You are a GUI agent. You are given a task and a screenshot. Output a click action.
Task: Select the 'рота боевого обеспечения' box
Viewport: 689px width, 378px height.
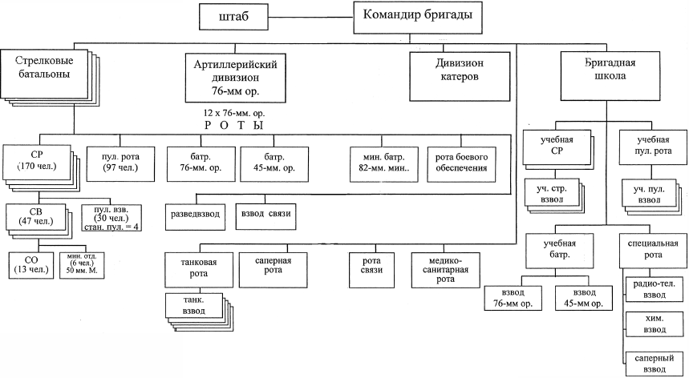click(467, 163)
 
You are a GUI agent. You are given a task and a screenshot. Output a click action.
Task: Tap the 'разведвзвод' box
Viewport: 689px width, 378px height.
click(197, 215)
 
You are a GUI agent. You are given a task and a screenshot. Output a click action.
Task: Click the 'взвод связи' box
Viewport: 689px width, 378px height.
click(266, 215)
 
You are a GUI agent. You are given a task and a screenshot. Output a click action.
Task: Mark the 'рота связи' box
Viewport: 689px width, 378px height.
click(371, 270)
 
